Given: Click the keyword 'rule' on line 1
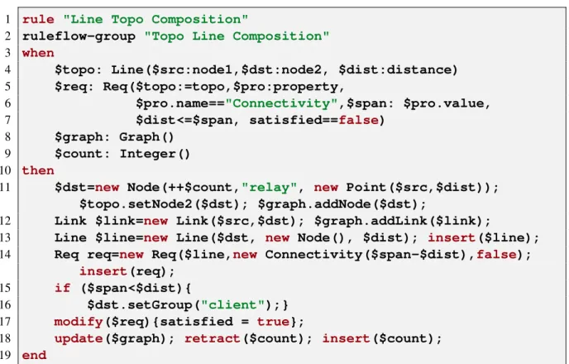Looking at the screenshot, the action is coord(38,19).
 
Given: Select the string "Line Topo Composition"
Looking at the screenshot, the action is coord(155,19).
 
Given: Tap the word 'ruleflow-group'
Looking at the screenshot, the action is coord(79,36).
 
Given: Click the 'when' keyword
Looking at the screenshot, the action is coord(38,53).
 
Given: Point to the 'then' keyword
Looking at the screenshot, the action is coord(38,170).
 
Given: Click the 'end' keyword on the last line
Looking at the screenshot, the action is coord(34,355).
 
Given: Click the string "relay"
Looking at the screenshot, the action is coord(270,187).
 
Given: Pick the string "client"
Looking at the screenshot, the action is coord(233,304).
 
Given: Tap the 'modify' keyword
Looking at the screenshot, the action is coord(79,322).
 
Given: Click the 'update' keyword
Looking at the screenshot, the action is coord(79,338).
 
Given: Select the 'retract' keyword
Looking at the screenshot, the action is coord(213,338).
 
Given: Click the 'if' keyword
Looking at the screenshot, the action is coord(62,288).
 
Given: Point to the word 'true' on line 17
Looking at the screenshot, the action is coord(273,322).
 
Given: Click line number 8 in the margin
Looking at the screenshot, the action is coord(7,136).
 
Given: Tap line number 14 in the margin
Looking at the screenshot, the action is coord(6,255).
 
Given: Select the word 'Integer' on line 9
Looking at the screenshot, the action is coord(148,154).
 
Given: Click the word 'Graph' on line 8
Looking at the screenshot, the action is coord(139,136).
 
